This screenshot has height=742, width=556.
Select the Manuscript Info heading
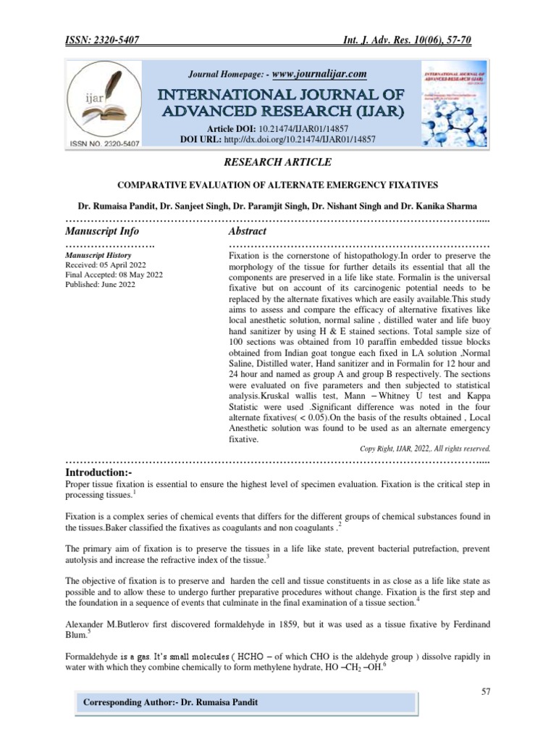[x=101, y=230]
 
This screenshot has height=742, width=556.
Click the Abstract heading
[x=248, y=230]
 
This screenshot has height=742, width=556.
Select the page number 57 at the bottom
[x=486, y=692]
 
